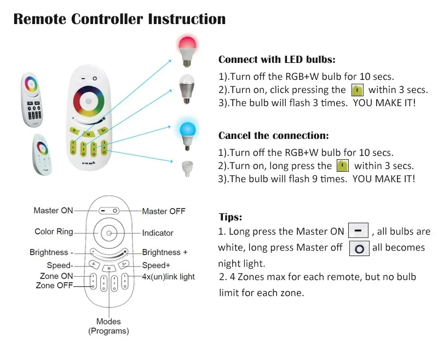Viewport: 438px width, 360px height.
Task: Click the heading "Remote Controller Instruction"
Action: click(119, 19)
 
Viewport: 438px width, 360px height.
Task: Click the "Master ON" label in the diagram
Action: click(53, 211)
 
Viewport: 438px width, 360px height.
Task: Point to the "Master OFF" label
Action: click(164, 211)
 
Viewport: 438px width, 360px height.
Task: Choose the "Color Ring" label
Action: click(54, 231)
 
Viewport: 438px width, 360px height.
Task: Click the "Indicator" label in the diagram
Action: click(158, 233)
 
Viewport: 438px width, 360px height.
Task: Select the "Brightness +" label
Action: click(165, 252)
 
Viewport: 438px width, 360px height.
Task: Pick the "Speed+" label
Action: click(156, 265)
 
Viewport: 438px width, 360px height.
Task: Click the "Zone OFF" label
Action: click(54, 286)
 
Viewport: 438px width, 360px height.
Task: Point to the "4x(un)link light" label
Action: click(168, 277)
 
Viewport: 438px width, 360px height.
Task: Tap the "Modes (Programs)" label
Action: click(108, 326)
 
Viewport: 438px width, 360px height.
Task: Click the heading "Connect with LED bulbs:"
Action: click(277, 60)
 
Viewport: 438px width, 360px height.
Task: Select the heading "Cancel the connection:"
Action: click(273, 136)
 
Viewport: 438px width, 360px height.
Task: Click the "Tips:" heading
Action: click(230, 217)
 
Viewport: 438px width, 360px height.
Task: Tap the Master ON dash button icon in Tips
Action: click(358, 231)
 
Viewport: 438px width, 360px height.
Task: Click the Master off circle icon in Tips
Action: click(359, 248)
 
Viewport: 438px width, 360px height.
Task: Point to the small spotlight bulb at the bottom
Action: click(187, 167)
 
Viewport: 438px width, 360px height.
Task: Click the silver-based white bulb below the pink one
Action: click(187, 85)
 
